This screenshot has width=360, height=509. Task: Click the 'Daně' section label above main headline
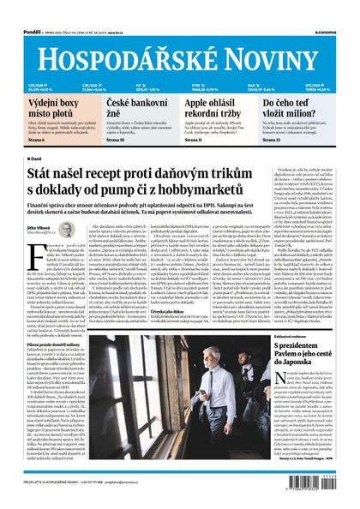34,158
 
